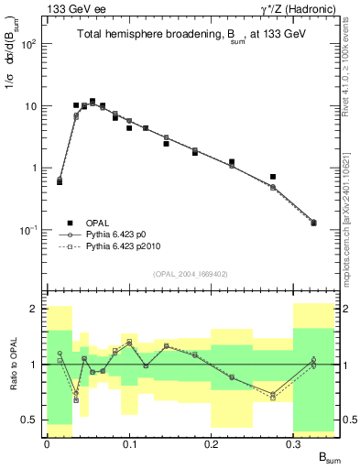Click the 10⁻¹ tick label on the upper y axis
click(30, 230)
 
